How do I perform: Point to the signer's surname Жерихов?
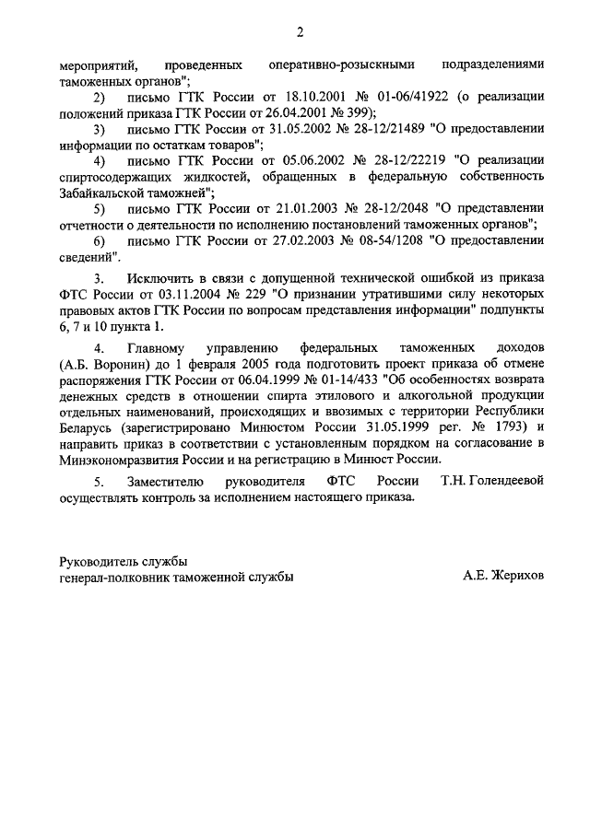pos(518,575)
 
